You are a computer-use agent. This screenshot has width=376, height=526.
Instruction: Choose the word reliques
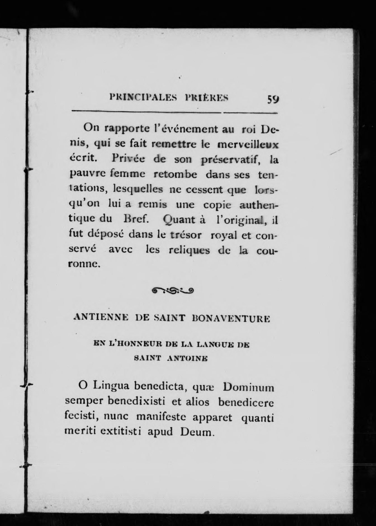tap(189, 250)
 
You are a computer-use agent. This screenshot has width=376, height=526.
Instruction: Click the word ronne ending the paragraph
tap(84, 264)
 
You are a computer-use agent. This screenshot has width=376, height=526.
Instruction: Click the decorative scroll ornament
tap(173, 291)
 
